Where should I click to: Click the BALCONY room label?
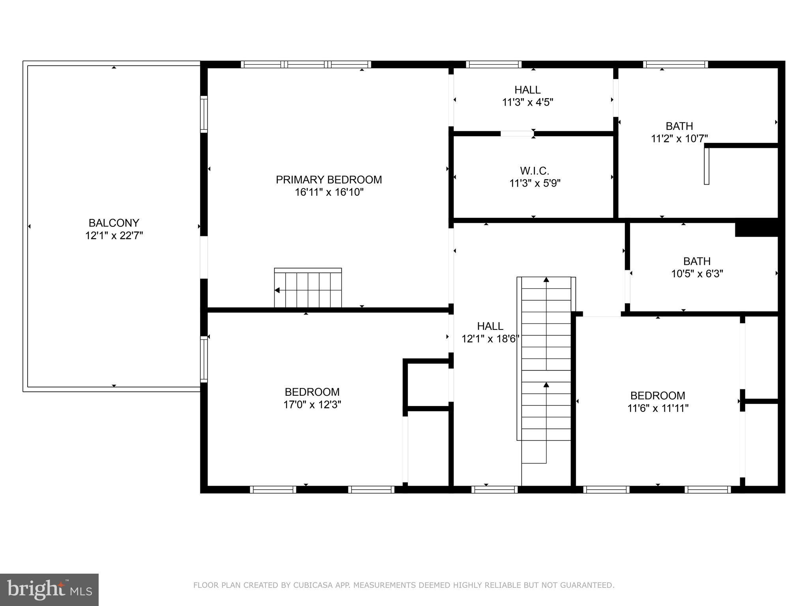(x=114, y=223)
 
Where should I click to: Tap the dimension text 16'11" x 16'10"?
(x=329, y=193)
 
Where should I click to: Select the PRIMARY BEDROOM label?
(x=329, y=180)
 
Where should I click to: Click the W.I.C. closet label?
(x=535, y=171)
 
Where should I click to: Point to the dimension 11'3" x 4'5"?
(x=527, y=103)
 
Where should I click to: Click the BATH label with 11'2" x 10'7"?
(x=679, y=126)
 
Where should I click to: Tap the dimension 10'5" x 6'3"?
(x=697, y=274)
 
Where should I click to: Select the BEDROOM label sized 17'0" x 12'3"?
(x=312, y=392)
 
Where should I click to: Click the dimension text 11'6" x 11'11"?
(x=658, y=408)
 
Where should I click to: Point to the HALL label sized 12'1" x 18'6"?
(x=490, y=326)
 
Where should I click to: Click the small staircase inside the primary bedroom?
(x=308, y=288)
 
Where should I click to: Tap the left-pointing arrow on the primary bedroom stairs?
(x=277, y=290)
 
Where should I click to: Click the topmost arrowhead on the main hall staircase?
(x=546, y=280)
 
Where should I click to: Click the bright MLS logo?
(x=49, y=590)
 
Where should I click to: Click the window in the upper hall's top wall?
(x=494, y=64)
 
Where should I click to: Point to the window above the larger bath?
(x=675, y=64)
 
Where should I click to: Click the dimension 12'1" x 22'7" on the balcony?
(x=114, y=236)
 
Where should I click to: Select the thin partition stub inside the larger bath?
(x=707, y=165)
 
